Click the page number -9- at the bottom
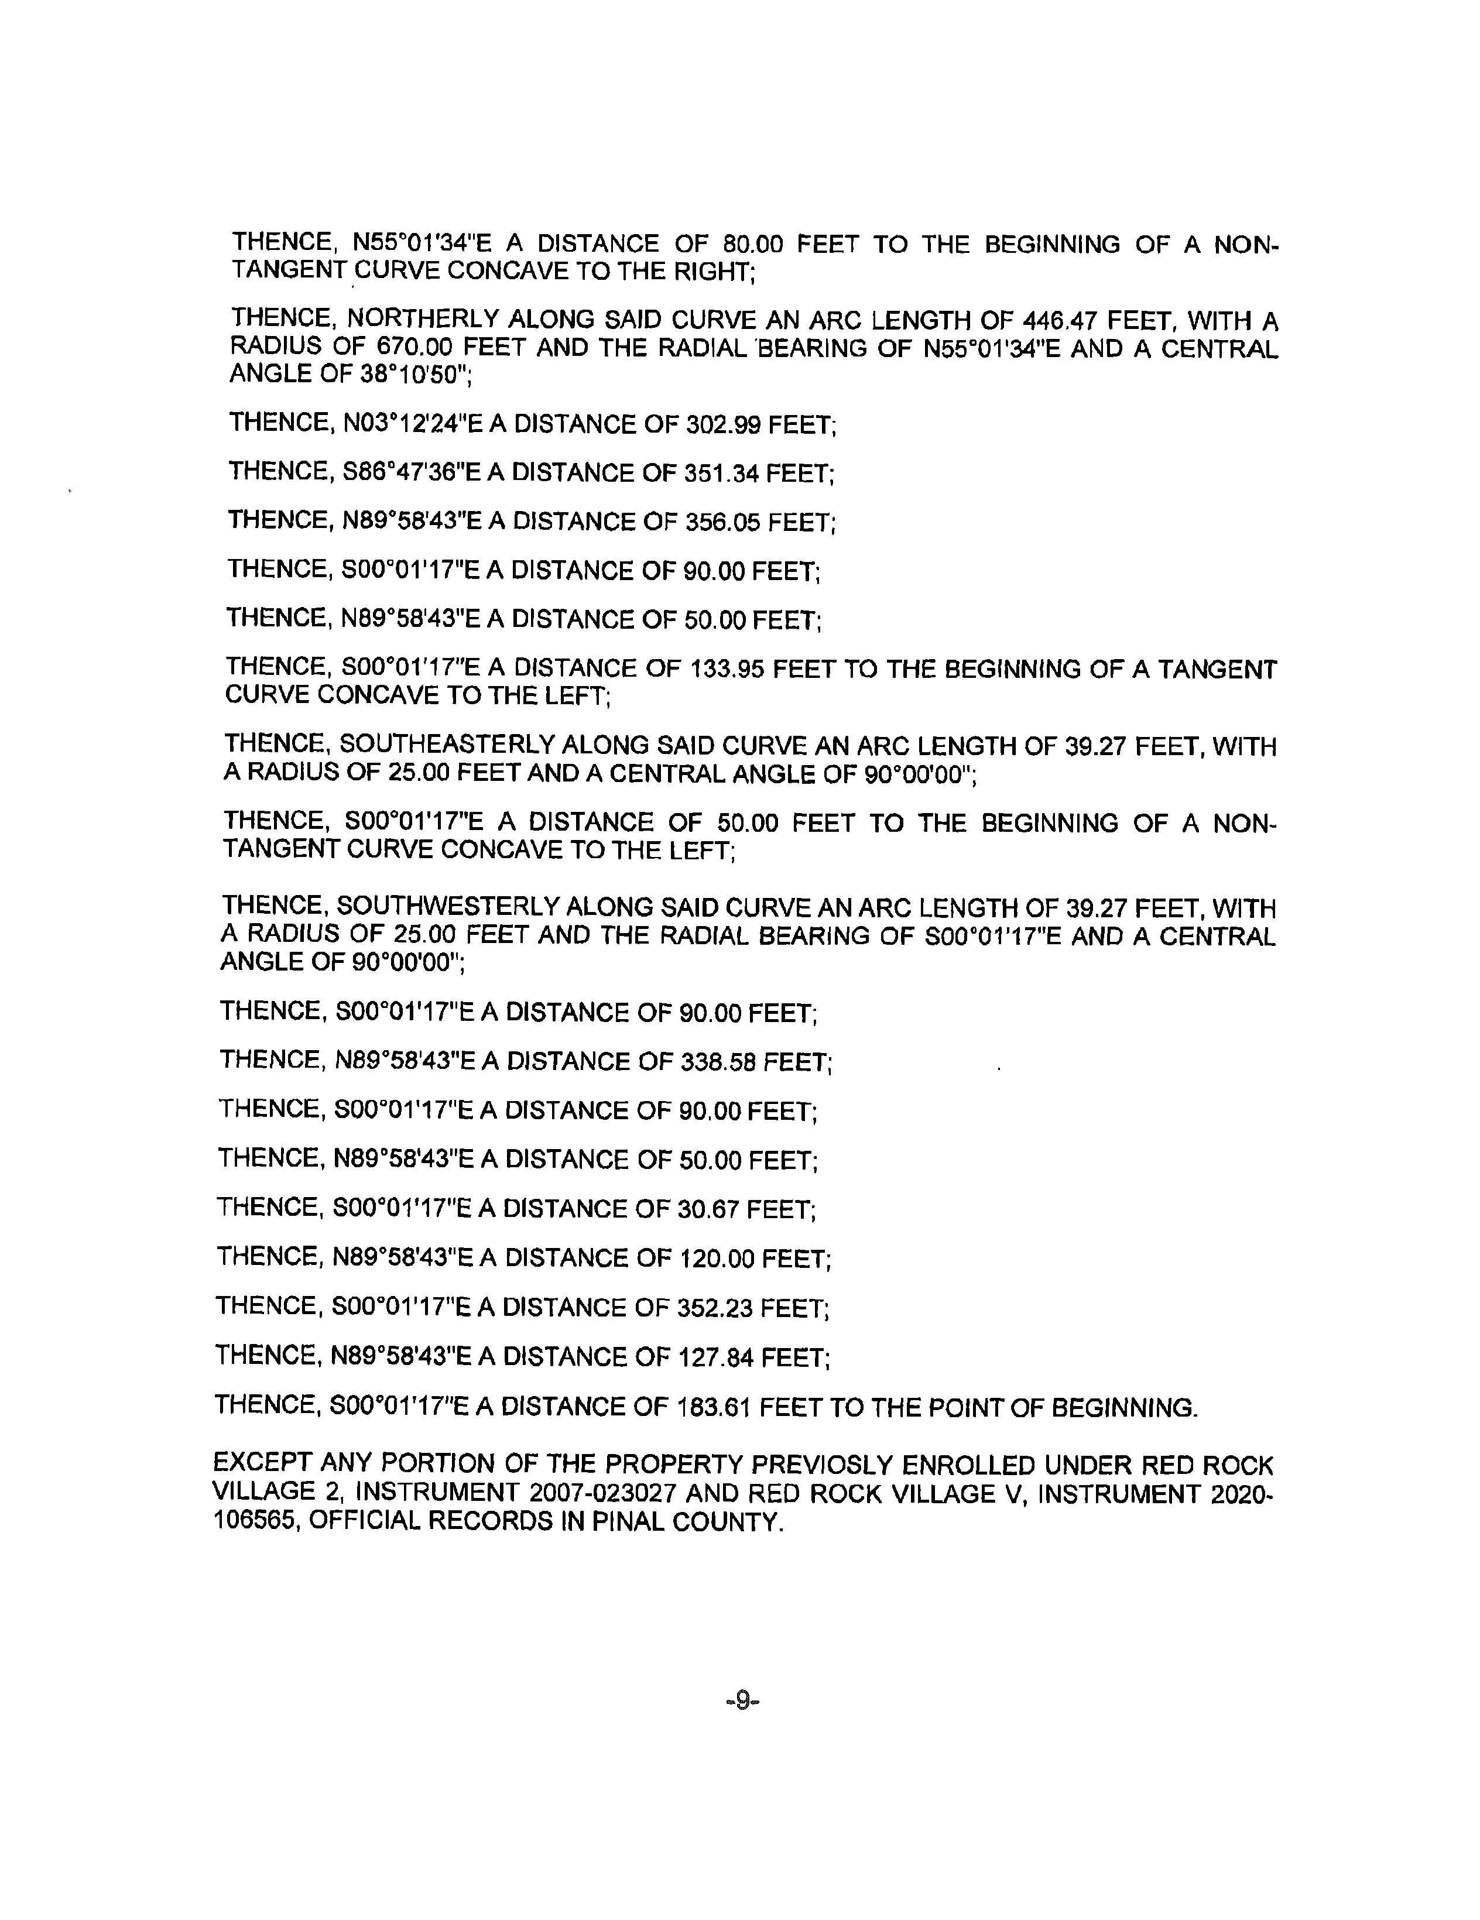(741, 1701)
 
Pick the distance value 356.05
(720, 522)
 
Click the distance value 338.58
(716, 1062)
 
